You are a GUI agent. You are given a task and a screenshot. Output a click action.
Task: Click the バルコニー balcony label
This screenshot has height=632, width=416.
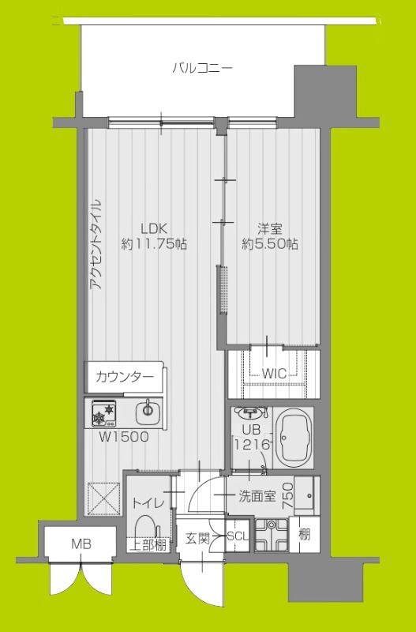point(202,69)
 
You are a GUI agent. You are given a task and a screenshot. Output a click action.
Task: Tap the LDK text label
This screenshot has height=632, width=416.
point(155,228)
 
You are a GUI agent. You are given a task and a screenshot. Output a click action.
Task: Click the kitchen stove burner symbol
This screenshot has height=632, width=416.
point(104,412)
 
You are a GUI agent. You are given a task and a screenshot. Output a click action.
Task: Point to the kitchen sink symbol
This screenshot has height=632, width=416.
point(147,411)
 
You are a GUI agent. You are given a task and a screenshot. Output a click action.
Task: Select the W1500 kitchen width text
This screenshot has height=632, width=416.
point(122,436)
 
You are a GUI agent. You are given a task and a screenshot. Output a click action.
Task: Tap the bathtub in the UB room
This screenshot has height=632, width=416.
point(297,438)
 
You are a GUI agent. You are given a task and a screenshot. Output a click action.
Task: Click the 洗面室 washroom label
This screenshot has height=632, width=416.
point(257,496)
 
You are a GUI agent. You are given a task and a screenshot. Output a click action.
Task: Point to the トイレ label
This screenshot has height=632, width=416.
point(148,502)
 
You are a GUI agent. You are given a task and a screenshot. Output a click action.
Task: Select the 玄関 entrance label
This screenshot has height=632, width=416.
point(198,538)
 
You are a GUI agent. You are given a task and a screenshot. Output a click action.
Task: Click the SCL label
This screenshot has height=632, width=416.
point(238,537)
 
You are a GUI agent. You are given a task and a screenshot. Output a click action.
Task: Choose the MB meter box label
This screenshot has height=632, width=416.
point(81,544)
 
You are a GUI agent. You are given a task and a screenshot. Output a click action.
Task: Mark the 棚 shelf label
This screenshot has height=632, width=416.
point(304,534)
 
